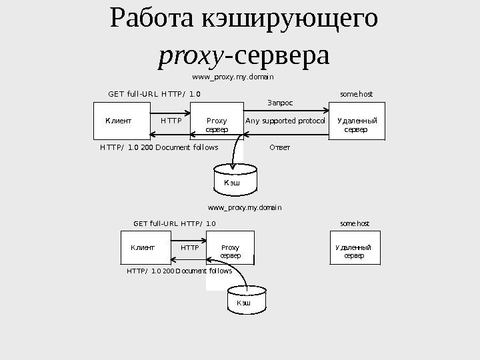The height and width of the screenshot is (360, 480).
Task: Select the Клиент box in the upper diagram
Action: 118,121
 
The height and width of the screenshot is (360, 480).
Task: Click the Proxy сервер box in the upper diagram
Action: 217,124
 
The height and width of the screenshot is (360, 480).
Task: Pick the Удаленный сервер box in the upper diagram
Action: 357,124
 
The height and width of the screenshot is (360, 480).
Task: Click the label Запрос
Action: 280,103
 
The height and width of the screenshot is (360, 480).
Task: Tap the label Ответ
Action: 280,147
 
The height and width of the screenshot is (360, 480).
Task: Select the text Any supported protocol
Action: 285,121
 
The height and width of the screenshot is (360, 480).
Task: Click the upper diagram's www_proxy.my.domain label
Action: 229,77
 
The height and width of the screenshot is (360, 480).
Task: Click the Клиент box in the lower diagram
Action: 143,247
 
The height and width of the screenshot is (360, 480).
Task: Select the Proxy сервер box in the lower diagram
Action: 230,251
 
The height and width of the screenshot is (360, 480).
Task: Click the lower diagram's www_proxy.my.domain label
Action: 245,208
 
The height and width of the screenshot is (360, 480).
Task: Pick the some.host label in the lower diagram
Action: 355,223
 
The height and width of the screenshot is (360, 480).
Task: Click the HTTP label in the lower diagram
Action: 190,247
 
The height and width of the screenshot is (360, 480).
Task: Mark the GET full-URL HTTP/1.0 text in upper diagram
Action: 153,95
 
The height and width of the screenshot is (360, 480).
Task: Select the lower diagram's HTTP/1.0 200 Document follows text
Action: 179,272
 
